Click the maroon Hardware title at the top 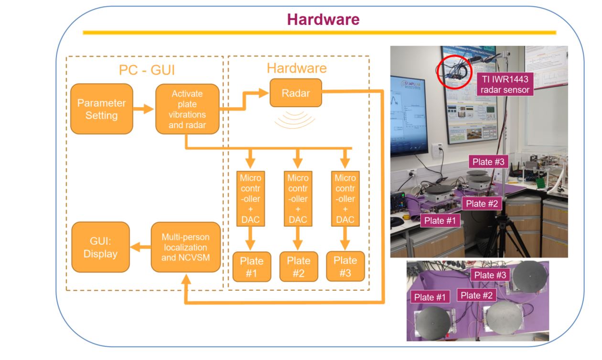point(323,19)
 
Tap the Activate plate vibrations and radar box point(187,109)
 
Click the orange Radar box point(295,93)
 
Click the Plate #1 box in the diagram point(251,267)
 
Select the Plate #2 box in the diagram point(298,267)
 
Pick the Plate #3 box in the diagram point(345,266)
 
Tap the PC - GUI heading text point(147,70)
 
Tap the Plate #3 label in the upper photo point(486,162)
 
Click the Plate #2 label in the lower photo point(477,295)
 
